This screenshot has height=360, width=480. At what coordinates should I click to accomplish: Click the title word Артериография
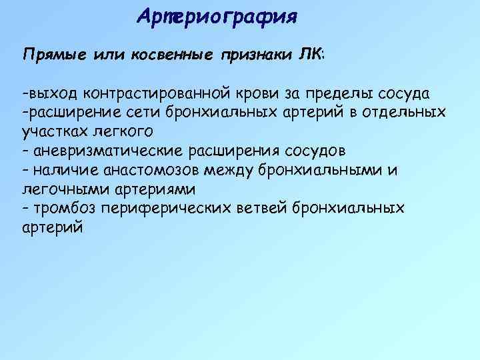(216, 15)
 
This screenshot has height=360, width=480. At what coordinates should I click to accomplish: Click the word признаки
(256, 54)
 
